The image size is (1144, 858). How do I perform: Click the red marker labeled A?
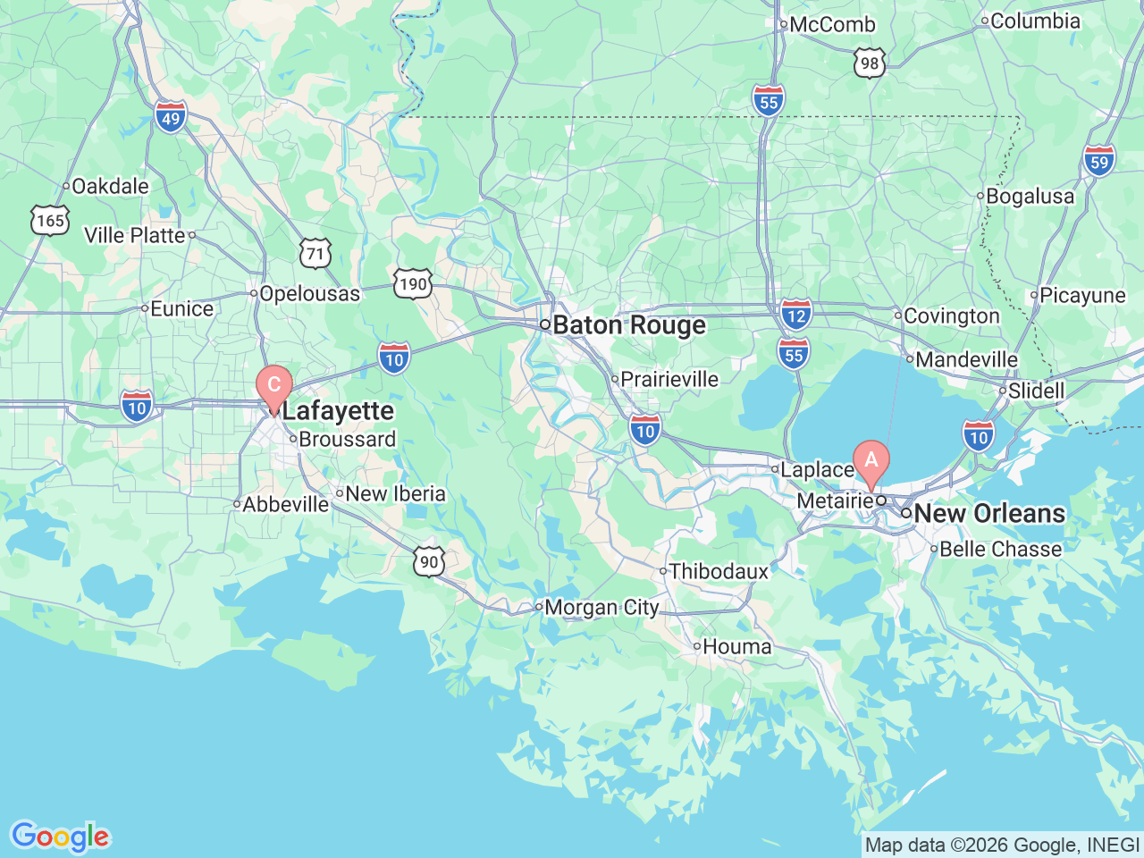pos(871,462)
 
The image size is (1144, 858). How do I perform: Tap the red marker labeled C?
pos(273,386)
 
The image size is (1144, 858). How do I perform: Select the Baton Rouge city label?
pos(628,325)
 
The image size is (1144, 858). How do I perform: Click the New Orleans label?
pos(989,514)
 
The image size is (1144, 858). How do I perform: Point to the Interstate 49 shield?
pos(170,117)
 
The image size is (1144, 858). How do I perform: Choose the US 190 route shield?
pos(412,284)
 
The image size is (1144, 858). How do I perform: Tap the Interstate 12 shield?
pos(795,315)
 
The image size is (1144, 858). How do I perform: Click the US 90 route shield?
pos(430,561)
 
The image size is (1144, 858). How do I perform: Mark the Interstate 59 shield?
pos(1099,162)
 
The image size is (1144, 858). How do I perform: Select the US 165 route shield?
pos(50,220)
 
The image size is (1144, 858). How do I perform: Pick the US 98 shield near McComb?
pos(870,63)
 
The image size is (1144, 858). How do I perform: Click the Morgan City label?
pos(601,608)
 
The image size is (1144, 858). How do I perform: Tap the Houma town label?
pos(736,646)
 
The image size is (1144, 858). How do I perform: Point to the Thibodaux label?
pos(719,571)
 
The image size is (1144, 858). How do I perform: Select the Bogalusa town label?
pos(1030,196)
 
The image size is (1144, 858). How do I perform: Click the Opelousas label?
pos(309,293)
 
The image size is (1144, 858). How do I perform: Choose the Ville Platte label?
pos(135,235)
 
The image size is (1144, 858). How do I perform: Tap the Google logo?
pos(59,837)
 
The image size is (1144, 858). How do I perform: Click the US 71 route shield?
pos(315,254)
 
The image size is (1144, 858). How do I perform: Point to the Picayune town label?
pos(1082,295)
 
